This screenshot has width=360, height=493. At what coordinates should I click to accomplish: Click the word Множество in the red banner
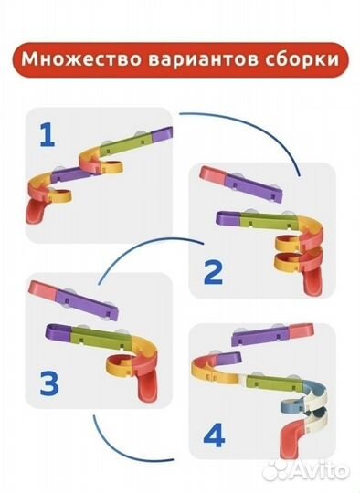pyautogui.click(x=81, y=59)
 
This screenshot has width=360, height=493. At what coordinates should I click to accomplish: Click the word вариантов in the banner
pyautogui.click(x=209, y=59)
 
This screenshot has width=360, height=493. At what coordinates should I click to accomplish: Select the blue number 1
pyautogui.click(x=48, y=135)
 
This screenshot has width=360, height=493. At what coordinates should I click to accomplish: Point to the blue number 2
pyautogui.click(x=213, y=273)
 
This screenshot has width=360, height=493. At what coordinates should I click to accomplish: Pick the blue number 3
pyautogui.click(x=49, y=383)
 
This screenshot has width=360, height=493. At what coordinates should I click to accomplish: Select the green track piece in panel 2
pyautogui.click(x=269, y=221)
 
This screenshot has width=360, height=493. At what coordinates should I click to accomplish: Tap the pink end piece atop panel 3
pyautogui.click(x=43, y=290)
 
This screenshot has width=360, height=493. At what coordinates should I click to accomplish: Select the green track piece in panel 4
pyautogui.click(x=274, y=383)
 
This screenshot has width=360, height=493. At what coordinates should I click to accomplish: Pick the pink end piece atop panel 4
pyautogui.click(x=302, y=331)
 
